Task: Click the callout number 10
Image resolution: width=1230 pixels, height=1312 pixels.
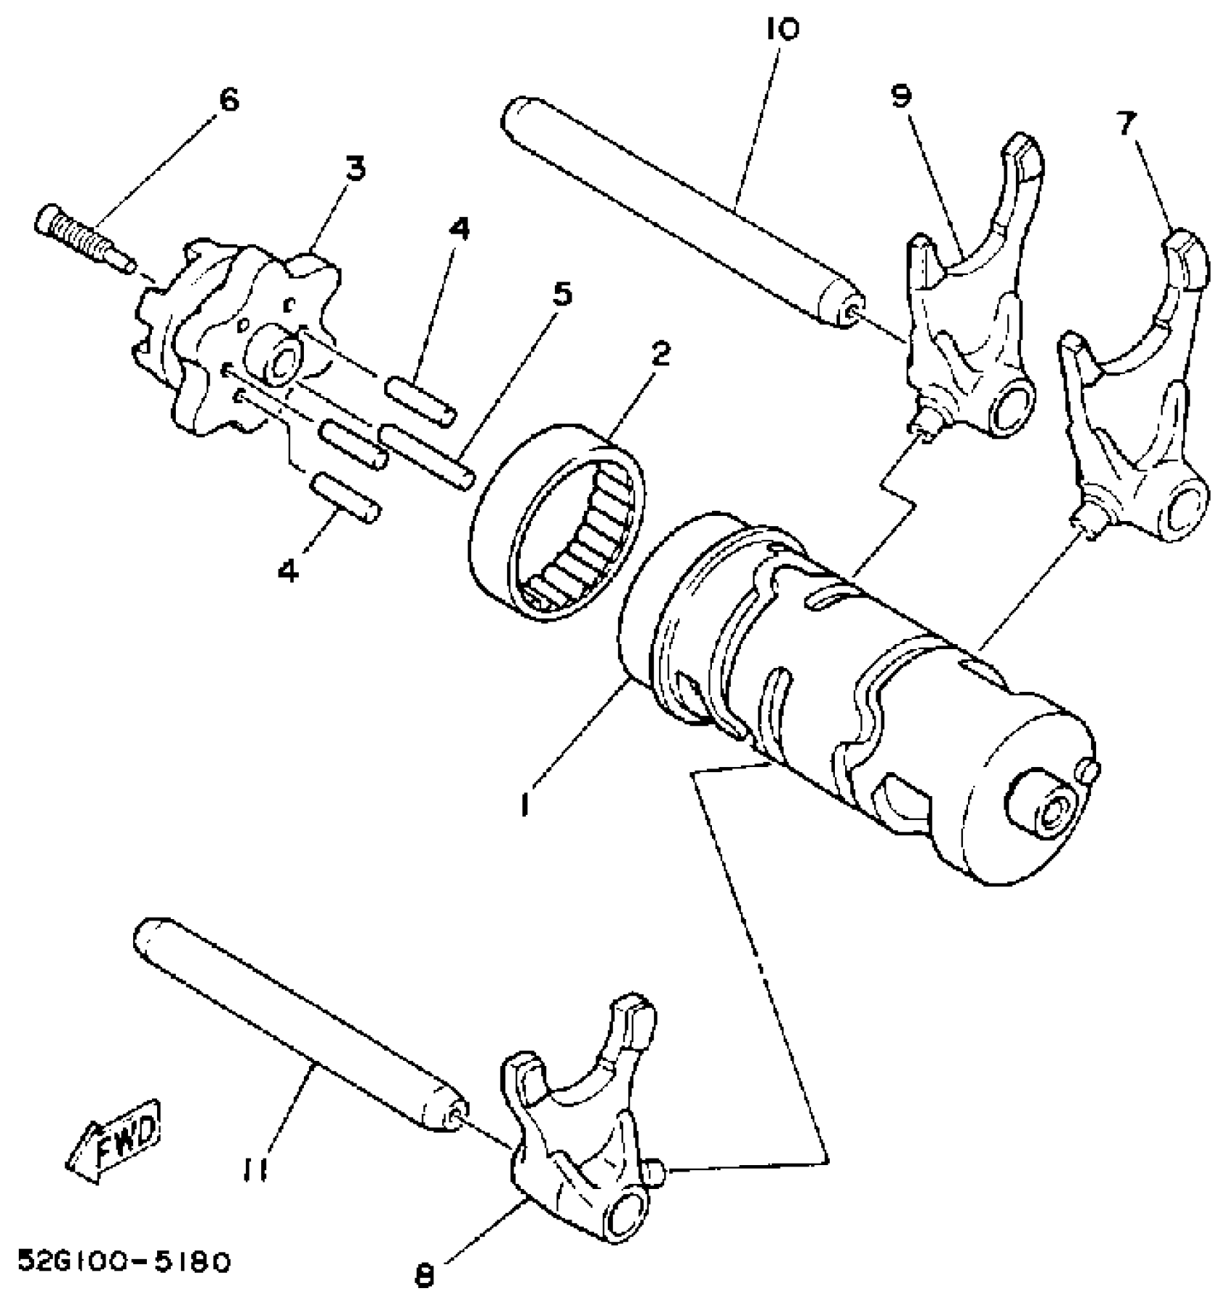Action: [781, 30]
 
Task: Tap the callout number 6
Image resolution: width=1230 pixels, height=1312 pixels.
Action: [227, 100]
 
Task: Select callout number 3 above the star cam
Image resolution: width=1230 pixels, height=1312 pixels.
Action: [355, 168]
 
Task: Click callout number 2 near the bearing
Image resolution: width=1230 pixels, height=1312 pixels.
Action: [659, 354]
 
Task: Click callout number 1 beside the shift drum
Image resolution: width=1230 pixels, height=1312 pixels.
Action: [526, 803]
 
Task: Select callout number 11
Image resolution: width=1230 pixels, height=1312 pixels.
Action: [253, 1169]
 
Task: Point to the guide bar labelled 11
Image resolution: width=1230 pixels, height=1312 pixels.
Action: [297, 1028]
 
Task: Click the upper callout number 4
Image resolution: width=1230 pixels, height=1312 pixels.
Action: [457, 229]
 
